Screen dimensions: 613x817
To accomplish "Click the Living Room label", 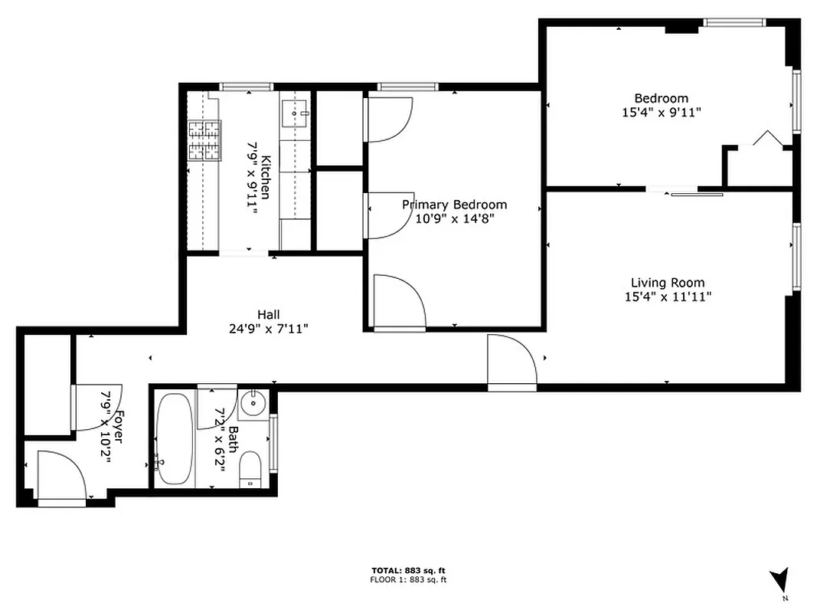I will [667, 283].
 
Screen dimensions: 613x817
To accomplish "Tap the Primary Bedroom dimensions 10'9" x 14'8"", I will [455, 218].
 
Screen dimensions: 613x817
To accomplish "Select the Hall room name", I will [268, 314].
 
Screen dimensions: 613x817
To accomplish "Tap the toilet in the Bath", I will [251, 469].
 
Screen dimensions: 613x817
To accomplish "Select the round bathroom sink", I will [250, 403].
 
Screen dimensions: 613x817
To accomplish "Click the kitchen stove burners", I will [204, 141].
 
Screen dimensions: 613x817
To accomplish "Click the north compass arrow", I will [779, 579].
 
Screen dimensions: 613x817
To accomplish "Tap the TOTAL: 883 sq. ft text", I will [408, 571].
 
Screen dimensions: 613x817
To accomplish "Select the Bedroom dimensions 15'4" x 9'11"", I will [661, 112].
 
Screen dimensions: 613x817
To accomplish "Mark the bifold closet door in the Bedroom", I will [766, 139].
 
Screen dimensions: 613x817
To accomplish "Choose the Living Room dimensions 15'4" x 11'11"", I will [668, 297].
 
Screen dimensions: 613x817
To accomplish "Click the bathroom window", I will [274, 441].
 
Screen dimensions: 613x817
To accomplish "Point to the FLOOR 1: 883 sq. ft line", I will [408, 580].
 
